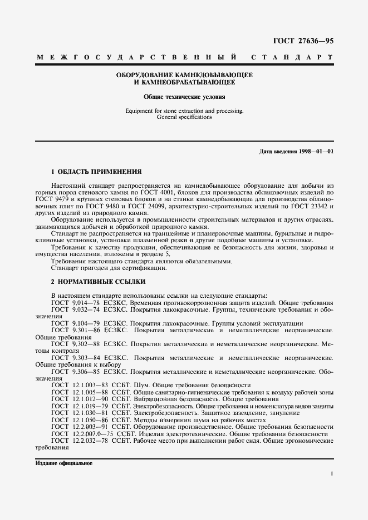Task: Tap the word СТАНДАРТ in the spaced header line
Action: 292,57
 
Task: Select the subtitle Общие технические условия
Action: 184,96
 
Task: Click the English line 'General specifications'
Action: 184,118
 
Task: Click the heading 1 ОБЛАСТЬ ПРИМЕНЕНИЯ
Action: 96,172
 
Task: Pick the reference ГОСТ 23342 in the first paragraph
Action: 317,205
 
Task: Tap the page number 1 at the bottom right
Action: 331,474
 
